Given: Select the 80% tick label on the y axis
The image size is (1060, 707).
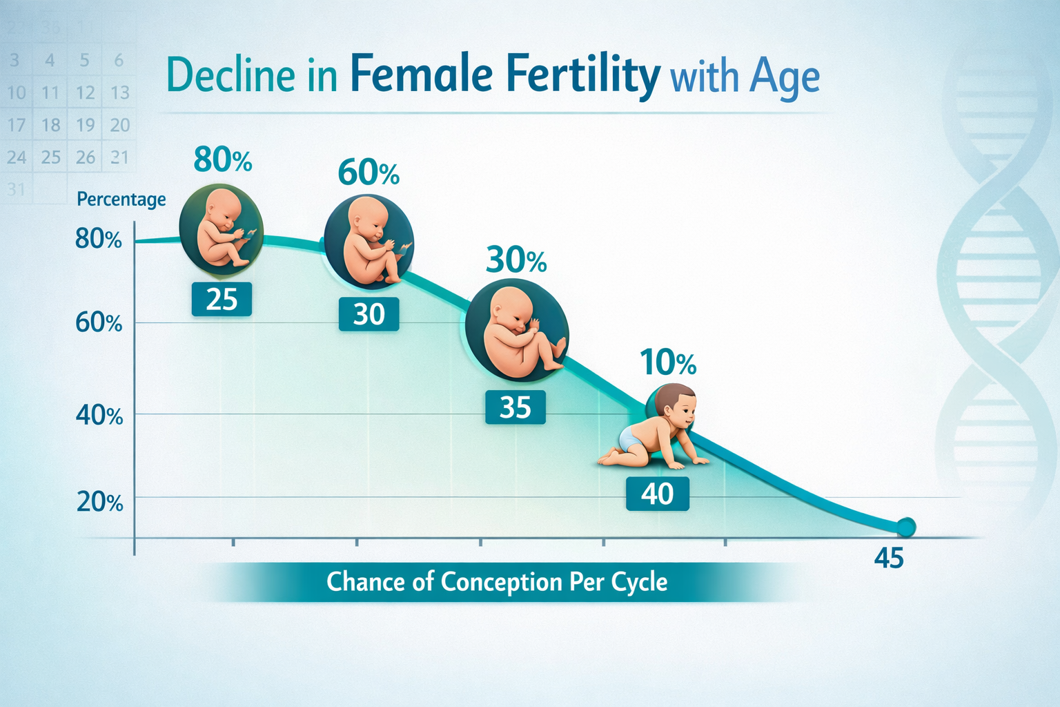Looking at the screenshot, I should pos(99,239).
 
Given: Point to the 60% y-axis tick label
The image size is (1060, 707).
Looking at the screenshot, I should pos(99,322).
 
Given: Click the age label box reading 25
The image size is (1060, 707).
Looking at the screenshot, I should pos(222,300).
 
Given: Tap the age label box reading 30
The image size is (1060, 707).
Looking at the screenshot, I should pos(369,315).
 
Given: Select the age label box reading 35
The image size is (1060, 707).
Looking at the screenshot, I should pos(515,407).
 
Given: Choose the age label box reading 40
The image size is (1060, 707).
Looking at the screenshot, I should pos(657,494).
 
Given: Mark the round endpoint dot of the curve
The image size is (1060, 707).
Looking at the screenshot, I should pos(905,527).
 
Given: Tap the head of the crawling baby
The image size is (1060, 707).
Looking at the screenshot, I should pos(676,407).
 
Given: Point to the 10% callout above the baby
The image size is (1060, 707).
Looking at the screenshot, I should pos(668,362).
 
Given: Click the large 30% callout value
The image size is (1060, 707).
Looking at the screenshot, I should pos(516,260).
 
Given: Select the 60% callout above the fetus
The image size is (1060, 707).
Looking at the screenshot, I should pos(369,173).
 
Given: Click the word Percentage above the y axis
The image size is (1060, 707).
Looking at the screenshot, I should pos(121,200).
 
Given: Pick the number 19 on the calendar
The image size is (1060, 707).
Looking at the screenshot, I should pos(86,125).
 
